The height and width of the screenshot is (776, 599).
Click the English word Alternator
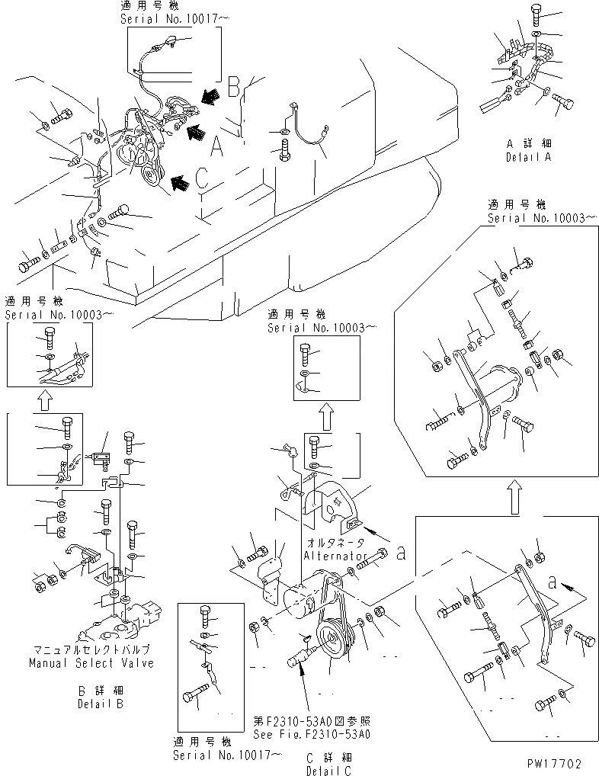[338, 556]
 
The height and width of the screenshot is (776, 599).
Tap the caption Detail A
[530, 157]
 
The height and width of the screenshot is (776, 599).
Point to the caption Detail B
[100, 704]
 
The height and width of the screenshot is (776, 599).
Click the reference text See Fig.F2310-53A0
[312, 736]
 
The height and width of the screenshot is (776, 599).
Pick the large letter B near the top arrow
[234, 85]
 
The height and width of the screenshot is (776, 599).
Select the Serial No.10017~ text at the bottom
[226, 756]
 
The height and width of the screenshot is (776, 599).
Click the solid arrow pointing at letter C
[180, 181]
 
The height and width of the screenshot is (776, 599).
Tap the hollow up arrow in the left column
[45, 397]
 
